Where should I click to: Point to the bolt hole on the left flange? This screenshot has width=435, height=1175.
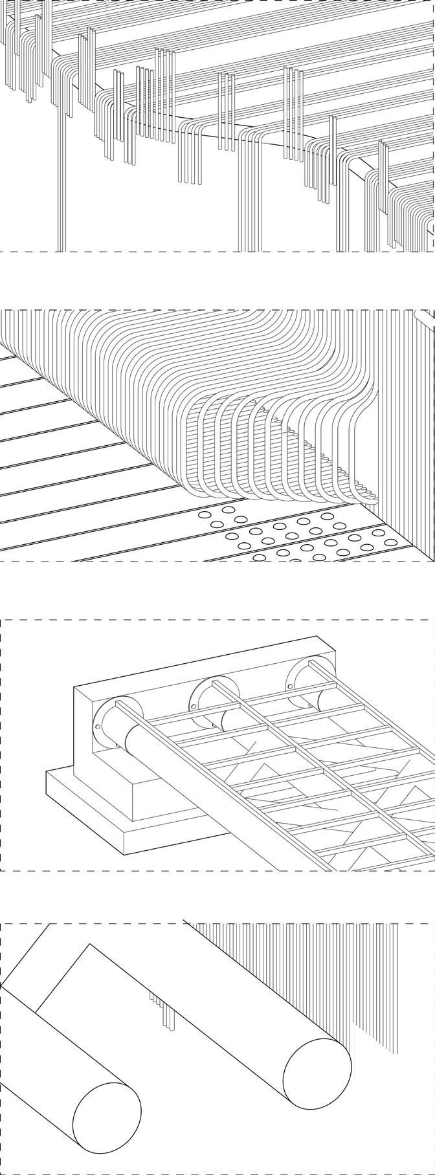point(98,727)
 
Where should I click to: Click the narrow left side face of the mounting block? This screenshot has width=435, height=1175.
point(84,731)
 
